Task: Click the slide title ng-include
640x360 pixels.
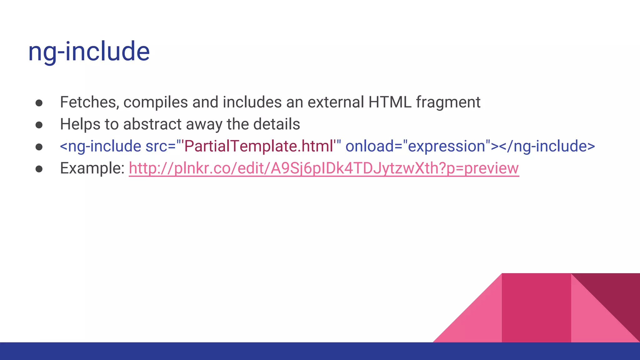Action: tap(89, 52)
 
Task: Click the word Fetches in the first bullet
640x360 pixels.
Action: tap(89, 102)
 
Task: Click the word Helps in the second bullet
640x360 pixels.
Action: tap(80, 124)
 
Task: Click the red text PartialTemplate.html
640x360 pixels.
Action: tap(259, 146)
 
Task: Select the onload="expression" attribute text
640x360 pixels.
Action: tap(417, 146)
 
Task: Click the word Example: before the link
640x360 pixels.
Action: tap(92, 168)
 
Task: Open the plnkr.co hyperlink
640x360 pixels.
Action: tap(324, 168)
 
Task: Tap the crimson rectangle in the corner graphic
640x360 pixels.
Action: tap(536, 308)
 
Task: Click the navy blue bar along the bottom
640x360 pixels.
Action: tap(320, 351)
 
